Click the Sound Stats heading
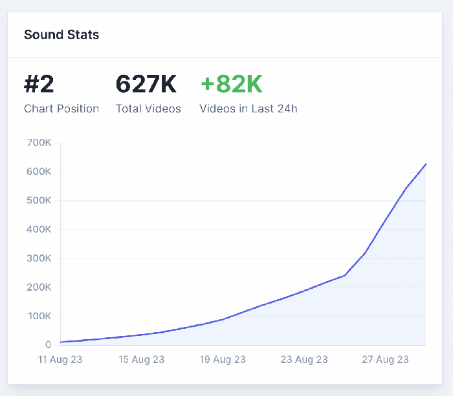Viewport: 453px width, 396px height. (x=61, y=34)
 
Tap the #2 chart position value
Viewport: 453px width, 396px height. (x=39, y=85)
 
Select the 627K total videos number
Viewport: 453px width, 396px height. (x=146, y=85)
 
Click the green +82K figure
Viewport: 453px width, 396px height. (x=231, y=85)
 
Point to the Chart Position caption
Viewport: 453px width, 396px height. (x=61, y=109)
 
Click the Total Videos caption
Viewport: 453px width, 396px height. (x=148, y=109)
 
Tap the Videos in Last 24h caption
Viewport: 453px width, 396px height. (x=249, y=109)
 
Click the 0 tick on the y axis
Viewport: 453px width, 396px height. (x=48, y=345)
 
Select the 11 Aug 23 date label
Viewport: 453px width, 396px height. (x=60, y=360)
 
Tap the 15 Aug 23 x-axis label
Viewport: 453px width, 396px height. (x=142, y=360)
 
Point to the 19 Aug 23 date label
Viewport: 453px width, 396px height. (x=223, y=360)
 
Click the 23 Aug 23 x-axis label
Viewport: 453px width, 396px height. (x=305, y=360)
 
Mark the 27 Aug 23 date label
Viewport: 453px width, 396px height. (x=386, y=360)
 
